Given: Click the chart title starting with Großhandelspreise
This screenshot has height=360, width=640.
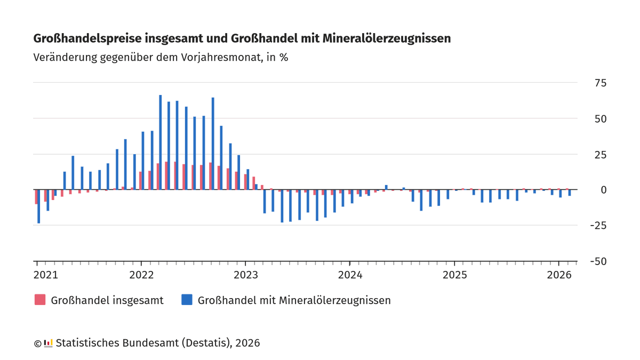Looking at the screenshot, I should tap(242, 38).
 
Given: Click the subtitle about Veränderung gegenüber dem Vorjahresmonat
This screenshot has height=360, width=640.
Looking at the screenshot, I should tap(161, 58).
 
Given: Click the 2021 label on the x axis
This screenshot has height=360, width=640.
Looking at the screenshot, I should tap(46, 275).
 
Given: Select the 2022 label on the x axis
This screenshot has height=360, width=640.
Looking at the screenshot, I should tap(141, 275).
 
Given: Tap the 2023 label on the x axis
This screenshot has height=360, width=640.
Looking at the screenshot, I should tap(245, 275).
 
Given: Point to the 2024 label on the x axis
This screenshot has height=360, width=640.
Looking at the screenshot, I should tap(350, 275).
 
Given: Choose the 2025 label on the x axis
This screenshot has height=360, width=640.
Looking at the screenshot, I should tap(454, 275).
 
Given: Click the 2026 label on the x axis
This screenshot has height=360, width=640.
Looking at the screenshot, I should tap(558, 275).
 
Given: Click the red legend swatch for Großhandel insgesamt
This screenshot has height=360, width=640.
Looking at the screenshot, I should tap(40, 300).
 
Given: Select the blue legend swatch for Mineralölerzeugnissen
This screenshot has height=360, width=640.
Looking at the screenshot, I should tap(187, 300).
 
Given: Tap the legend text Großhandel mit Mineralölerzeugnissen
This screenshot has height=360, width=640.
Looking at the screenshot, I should tap(294, 300).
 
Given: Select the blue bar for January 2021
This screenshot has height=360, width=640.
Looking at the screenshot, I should tap(39, 206).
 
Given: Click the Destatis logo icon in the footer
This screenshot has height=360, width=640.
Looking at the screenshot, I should tap(48, 343).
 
